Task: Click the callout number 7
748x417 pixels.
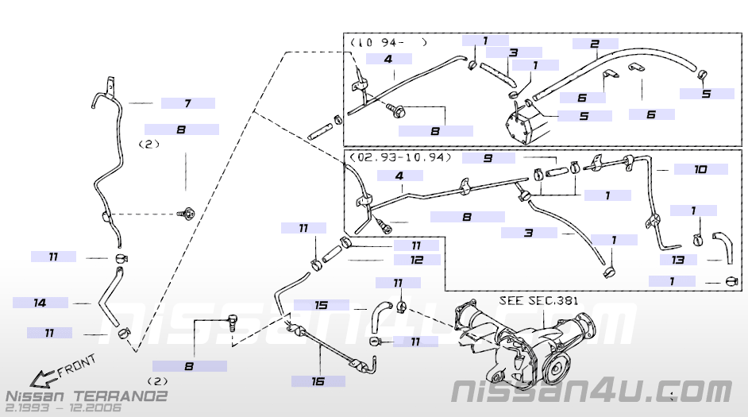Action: click(187, 103)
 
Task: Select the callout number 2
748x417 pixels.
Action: click(594, 44)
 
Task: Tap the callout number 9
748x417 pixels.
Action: click(488, 158)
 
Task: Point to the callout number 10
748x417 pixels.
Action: click(700, 169)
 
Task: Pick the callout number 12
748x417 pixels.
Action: click(416, 259)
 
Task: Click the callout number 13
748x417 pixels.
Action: click(677, 260)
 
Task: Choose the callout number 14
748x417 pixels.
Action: click(40, 303)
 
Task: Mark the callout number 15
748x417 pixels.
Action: click(321, 305)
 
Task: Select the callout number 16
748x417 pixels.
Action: click(318, 381)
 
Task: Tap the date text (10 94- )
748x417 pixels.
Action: click(387, 42)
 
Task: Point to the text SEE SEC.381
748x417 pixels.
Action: click(538, 301)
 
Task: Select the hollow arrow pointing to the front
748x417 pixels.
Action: click(38, 376)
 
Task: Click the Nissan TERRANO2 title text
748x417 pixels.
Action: click(86, 395)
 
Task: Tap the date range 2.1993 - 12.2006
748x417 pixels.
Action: click(64, 407)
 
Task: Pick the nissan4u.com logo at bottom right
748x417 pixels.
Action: click(591, 391)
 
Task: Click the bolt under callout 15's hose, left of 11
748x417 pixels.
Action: click(376, 342)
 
